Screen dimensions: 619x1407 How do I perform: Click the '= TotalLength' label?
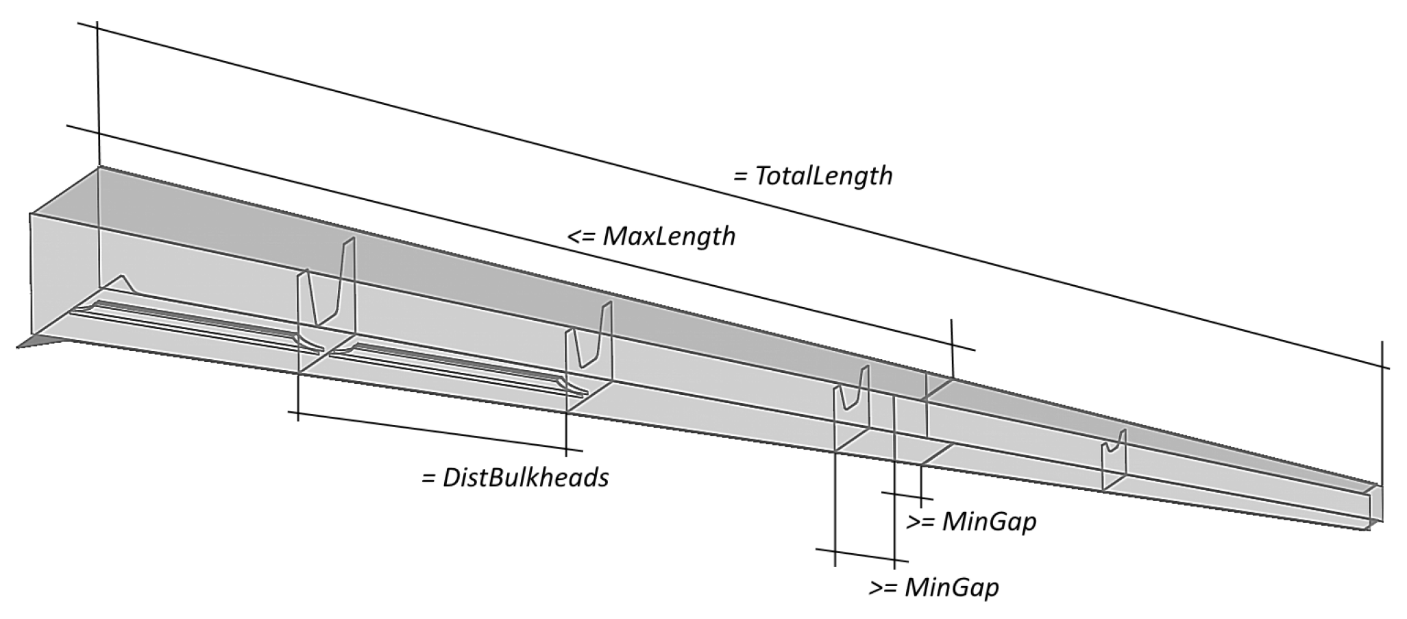coord(813,175)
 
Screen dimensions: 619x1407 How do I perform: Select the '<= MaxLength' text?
coord(652,236)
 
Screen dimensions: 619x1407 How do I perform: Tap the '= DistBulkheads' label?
coord(515,477)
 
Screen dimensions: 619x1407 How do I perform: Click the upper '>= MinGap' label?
coord(971,522)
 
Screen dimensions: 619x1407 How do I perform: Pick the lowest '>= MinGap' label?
coord(934,587)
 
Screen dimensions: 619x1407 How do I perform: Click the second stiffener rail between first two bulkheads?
coord(452,367)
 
